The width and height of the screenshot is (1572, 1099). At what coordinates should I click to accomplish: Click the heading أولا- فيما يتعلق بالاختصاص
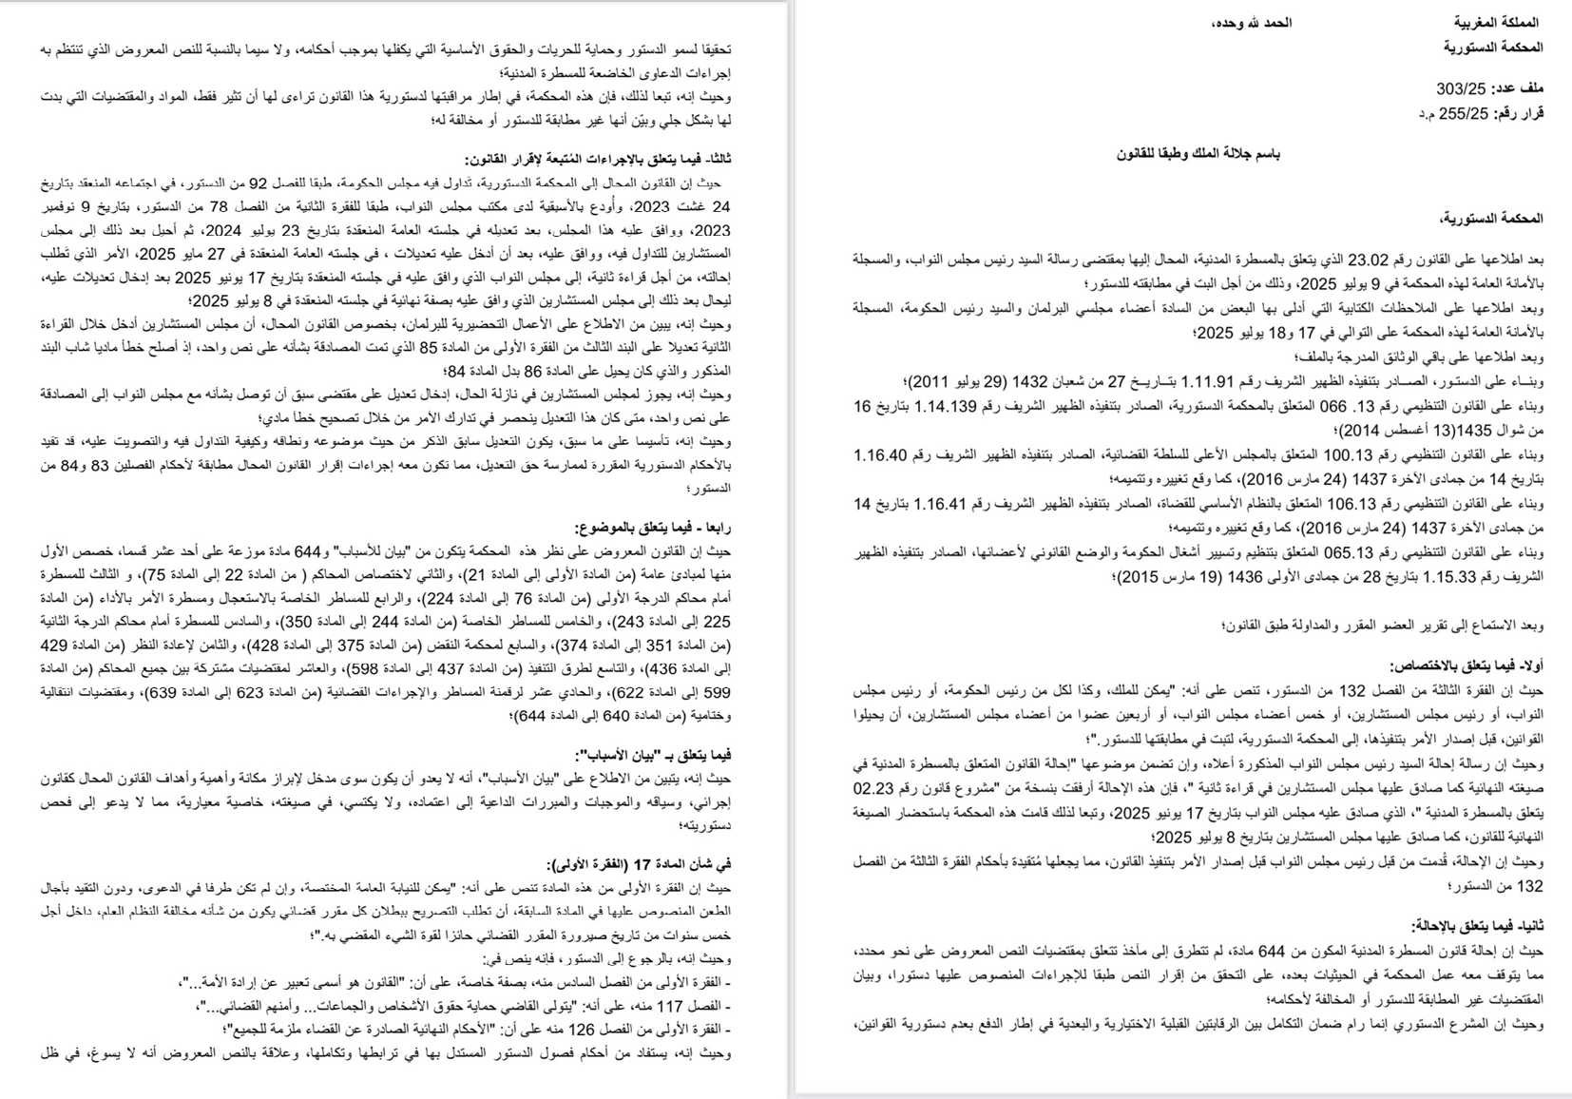(1466, 666)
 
